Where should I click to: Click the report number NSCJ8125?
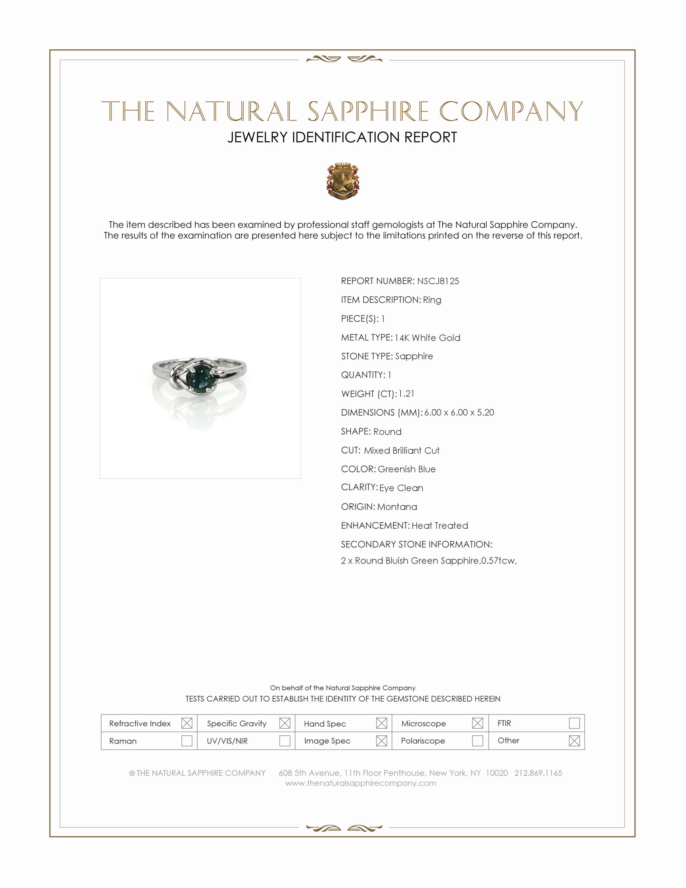click(x=438, y=281)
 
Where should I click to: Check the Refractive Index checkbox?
click(x=186, y=723)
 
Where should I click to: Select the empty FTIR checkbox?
click(x=574, y=723)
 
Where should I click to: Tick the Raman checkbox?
click(x=186, y=740)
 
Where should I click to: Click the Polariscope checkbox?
click(x=477, y=740)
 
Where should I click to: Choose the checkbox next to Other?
click(x=574, y=740)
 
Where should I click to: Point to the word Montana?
click(x=397, y=507)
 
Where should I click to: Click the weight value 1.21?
click(x=406, y=394)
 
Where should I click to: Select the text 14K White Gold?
click(x=427, y=337)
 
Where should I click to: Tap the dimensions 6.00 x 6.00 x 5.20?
click(x=459, y=412)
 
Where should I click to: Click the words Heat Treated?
click(x=439, y=525)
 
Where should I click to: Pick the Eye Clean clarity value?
click(x=401, y=488)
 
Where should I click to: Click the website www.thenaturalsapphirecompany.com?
click(x=360, y=783)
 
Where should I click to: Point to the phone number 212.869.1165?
click(x=538, y=773)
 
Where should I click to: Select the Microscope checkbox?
click(x=477, y=723)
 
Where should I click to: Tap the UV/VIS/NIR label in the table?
click(x=227, y=741)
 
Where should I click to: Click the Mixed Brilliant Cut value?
click(x=402, y=450)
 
